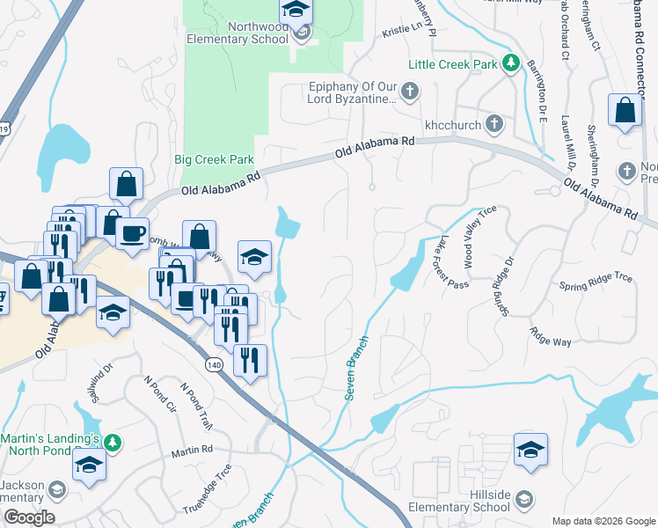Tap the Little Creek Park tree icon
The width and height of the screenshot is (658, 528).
[x=509, y=63]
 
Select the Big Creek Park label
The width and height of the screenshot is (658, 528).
[x=214, y=160]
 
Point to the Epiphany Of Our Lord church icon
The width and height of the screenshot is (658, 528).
[x=409, y=91]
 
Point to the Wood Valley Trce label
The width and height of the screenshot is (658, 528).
[x=480, y=237]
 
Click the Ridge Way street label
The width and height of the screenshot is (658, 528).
[x=550, y=335]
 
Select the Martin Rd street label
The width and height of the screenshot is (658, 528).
[x=192, y=451]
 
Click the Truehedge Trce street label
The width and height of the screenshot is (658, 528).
[x=207, y=489]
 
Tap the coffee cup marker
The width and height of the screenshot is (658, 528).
[x=132, y=234]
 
